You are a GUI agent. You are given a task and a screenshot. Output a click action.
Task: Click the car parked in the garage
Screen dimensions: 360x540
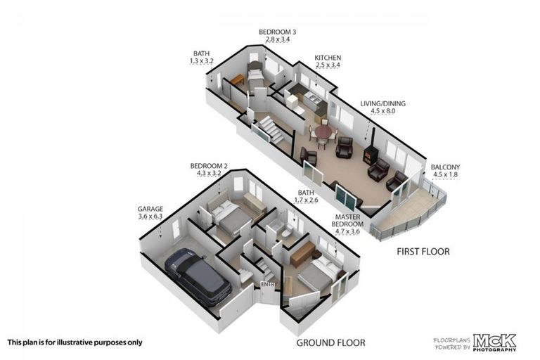pyautogui.click(x=198, y=276)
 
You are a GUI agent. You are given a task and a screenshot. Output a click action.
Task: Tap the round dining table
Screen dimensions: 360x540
pyautogui.click(x=323, y=132)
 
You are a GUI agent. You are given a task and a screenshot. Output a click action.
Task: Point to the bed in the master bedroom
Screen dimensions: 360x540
pyautogui.click(x=316, y=275)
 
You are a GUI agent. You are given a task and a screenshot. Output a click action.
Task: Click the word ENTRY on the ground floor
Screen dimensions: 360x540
pyautogui.click(x=268, y=284)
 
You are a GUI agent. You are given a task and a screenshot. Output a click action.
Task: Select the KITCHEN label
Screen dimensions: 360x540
pyautogui.click(x=327, y=58)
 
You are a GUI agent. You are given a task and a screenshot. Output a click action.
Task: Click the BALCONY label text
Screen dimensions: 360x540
pyautogui.click(x=446, y=167)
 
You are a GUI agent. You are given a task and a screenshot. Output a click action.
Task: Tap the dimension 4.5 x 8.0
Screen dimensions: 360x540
pyautogui.click(x=382, y=111)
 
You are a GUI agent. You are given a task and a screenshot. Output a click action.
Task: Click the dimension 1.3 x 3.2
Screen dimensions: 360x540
pyautogui.click(x=202, y=62)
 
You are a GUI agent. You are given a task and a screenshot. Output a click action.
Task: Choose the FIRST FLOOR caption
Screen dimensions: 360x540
pyautogui.click(x=423, y=251)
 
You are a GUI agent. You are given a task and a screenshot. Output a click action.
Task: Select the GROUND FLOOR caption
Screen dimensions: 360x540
pyautogui.click(x=330, y=342)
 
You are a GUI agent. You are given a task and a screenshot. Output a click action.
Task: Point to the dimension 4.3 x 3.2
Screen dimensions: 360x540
pyautogui.click(x=206, y=173)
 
